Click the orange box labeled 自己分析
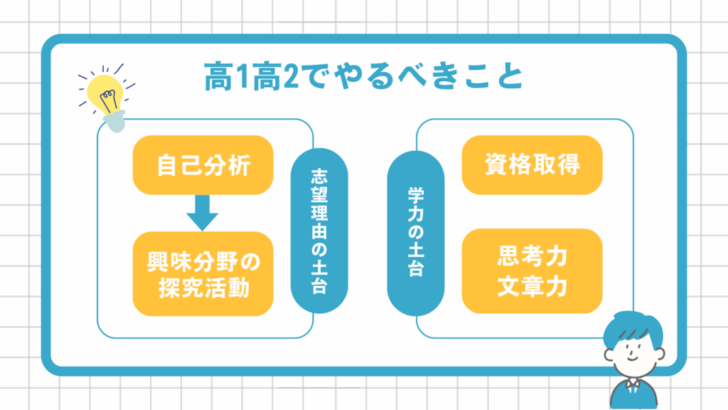tap(203, 165)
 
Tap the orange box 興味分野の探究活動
tap(203, 274)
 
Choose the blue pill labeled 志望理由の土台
tap(319, 232)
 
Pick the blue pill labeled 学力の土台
tap(415, 232)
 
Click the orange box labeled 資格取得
tap(532, 164)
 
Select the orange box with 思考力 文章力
tap(532, 271)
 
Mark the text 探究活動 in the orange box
tap(203, 289)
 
